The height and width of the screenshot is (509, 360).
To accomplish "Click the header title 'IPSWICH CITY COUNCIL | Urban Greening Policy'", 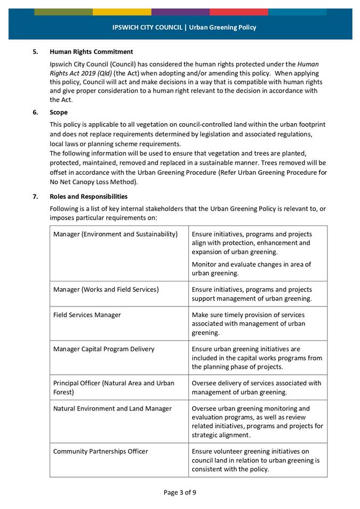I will pyautogui.click(x=184, y=27).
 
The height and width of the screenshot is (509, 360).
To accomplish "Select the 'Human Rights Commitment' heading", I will pyautogui.click(x=91, y=52).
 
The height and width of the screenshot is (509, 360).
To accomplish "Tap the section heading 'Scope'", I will pyautogui.click(x=59, y=112).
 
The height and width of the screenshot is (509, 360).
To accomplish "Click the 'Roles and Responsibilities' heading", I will pyautogui.click(x=89, y=196).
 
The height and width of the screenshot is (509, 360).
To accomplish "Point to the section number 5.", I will pyautogui.click(x=35, y=52).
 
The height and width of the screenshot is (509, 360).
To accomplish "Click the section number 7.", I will pyautogui.click(x=35, y=196).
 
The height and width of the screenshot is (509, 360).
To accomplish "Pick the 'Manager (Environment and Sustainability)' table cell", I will pyautogui.click(x=115, y=235).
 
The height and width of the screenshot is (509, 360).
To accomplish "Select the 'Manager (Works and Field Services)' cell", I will pyautogui.click(x=106, y=289).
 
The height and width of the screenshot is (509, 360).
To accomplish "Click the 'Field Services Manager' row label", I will pyautogui.click(x=87, y=315).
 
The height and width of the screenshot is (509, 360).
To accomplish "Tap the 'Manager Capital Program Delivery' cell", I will pyautogui.click(x=104, y=349).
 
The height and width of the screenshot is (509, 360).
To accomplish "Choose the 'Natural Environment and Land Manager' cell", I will pyautogui.click(x=113, y=408).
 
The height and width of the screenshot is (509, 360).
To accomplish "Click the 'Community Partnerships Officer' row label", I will pyautogui.click(x=100, y=451).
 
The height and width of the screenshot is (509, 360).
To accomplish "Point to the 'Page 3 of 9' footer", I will pyautogui.click(x=180, y=492).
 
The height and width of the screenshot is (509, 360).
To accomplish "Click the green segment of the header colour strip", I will pyautogui.click(x=63, y=12).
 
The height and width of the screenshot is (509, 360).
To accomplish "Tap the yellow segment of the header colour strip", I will pyautogui.click(x=122, y=12).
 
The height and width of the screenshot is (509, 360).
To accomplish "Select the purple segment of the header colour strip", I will pyautogui.click(x=180, y=12).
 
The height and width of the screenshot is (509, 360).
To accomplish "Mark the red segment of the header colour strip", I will pyautogui.click(x=238, y=12).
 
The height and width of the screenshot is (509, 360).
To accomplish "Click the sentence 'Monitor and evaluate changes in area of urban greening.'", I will pyautogui.click(x=251, y=269).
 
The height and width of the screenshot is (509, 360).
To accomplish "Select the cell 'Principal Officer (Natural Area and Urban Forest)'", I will pyautogui.click(x=114, y=387).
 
